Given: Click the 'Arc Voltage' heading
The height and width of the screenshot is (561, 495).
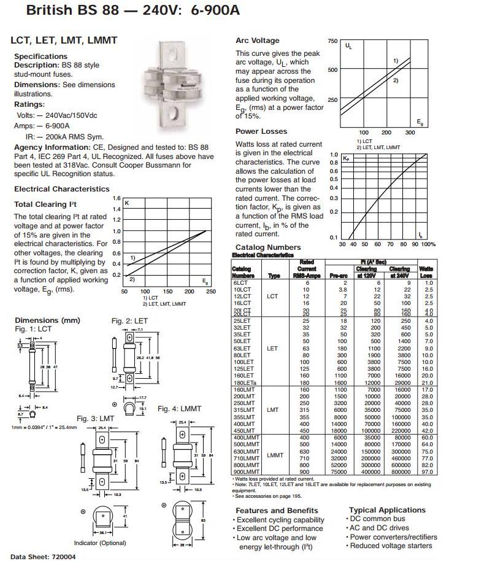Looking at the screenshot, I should pos(257,41).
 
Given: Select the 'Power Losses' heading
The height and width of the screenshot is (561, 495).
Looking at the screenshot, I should pos(261,131).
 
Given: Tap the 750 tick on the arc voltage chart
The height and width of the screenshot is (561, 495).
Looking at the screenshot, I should pos(332,41).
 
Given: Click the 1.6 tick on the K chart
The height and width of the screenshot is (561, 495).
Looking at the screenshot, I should pos(117,199).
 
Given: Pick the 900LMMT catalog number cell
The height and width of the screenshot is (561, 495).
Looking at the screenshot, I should pos(244,471).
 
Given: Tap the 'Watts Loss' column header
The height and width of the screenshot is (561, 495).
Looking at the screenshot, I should pos(426,273).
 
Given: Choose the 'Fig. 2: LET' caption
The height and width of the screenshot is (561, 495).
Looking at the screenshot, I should pos(129,320).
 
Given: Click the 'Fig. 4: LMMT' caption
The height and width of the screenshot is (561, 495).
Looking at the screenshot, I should pos(178,408).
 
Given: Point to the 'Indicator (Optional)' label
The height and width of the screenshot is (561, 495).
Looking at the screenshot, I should pos(99,543).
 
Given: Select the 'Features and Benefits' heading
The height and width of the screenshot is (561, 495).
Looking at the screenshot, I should pos(277,511).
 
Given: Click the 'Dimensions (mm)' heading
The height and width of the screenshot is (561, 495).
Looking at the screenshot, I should pos(47,320).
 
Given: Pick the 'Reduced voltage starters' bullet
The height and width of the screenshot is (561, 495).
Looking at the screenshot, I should pos(391,546).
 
